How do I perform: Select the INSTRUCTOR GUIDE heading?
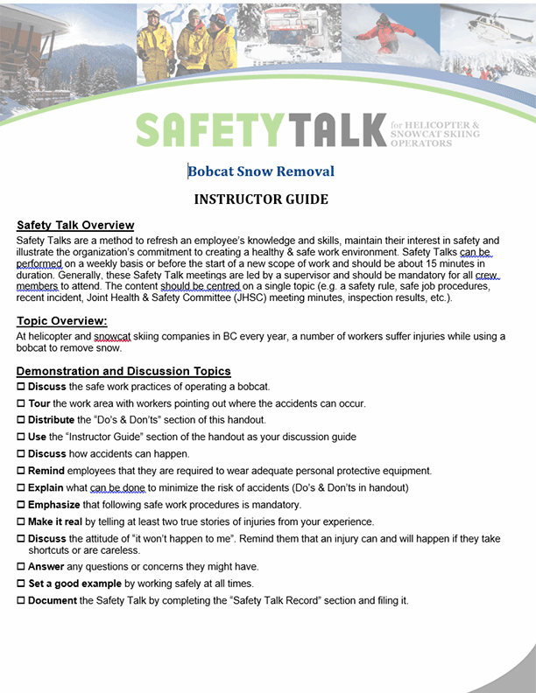pos(261,199)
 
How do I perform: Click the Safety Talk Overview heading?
pos(75,226)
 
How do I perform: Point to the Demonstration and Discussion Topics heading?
pos(123,371)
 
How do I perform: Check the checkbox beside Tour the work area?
pos(21,404)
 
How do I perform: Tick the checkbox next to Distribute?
pos(21,421)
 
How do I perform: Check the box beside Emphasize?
pos(21,505)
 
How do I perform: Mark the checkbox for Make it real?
pos(21,521)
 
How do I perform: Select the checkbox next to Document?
pos(21,601)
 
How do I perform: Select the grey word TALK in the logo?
pos(335,129)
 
